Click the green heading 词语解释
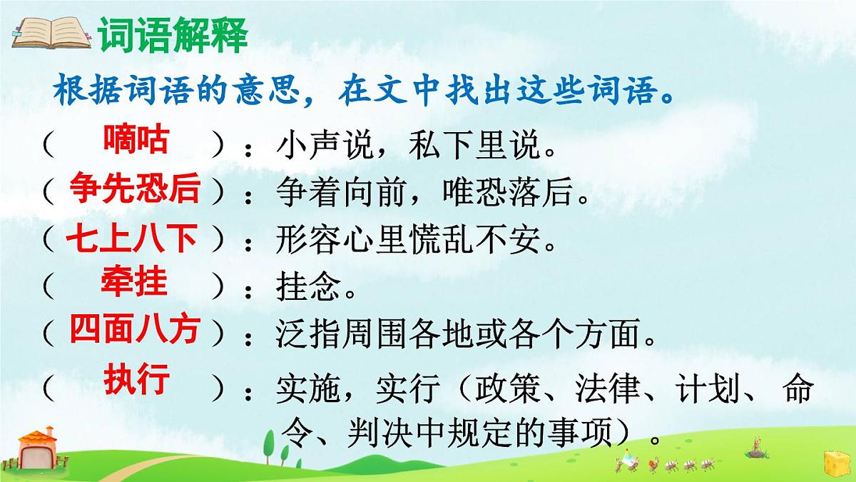coord(173,34)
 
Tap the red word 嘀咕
coord(136,139)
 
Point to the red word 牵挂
coord(134,283)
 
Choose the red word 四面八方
coord(134,331)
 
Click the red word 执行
coord(136,378)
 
